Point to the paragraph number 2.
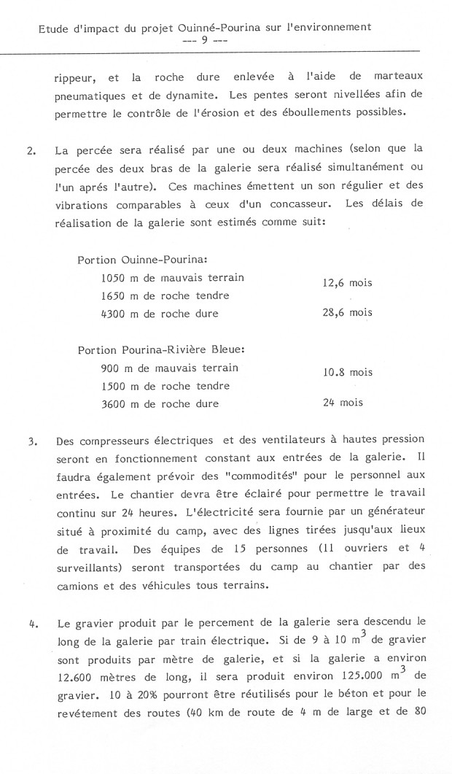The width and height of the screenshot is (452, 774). (x=31, y=152)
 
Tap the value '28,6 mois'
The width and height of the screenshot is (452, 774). (x=347, y=313)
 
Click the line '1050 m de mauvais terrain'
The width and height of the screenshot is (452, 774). (x=173, y=277)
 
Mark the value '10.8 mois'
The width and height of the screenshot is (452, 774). (x=347, y=372)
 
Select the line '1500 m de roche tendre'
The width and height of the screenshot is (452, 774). (x=165, y=386)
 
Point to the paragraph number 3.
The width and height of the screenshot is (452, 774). (x=31, y=442)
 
